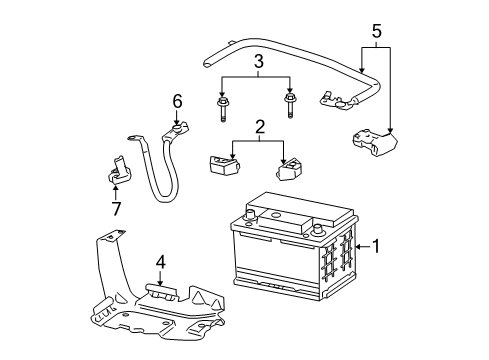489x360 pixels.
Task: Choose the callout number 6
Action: pyautogui.click(x=177, y=101)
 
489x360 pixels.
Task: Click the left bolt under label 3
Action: pyautogui.click(x=219, y=103)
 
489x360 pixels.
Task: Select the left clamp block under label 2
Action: pyautogui.click(x=220, y=163)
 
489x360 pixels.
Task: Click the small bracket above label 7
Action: pyautogui.click(x=117, y=167)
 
